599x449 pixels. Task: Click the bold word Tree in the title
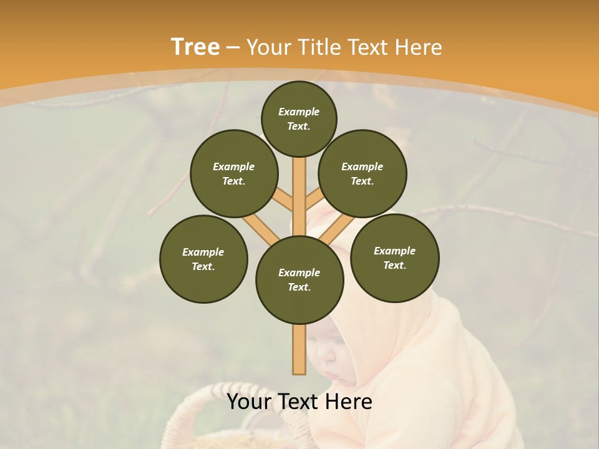pos(195,47)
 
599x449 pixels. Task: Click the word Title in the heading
pos(319,47)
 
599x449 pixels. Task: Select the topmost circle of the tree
pos(299,118)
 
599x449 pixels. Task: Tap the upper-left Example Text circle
pos(234,173)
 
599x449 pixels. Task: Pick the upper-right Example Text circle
pos(363,173)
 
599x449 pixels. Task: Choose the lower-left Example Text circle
pos(203,259)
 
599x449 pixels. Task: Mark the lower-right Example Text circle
pos(395,258)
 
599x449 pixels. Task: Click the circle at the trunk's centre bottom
pos(299,279)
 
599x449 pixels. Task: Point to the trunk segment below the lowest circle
pos(299,349)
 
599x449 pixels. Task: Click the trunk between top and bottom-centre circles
pos(299,193)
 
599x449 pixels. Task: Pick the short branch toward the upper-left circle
pos(282,201)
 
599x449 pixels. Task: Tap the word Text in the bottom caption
pos(298,402)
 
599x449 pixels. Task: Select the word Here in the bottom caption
pos(349,402)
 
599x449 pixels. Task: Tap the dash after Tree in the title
pos(233,47)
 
